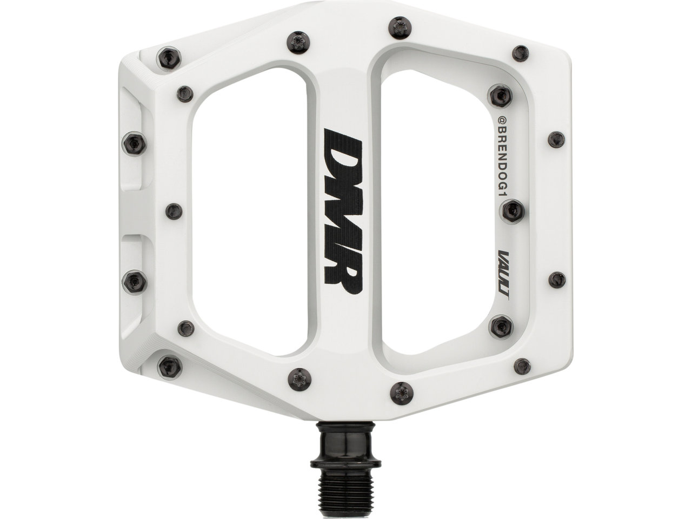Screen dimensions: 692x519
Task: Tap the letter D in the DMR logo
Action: coord(343,148)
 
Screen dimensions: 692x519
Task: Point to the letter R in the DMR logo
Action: coord(343,271)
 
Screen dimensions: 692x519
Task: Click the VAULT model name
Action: coord(504,275)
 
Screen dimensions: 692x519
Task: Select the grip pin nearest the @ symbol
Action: coord(501,96)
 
